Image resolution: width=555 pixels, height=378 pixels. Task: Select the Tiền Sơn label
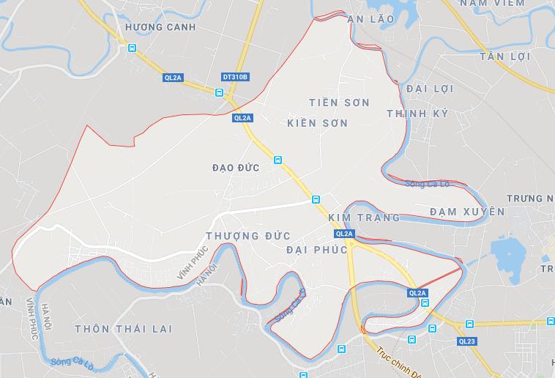tap(339, 102)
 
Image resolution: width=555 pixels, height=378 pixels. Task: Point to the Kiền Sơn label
tap(318, 122)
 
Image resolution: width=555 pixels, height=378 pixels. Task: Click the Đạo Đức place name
tap(235, 168)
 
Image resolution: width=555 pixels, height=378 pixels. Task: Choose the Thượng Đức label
tap(248, 236)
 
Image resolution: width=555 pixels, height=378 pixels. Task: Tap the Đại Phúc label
tap(317, 250)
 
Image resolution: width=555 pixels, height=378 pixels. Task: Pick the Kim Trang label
tap(365, 218)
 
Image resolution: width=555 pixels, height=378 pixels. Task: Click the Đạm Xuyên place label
tap(467, 212)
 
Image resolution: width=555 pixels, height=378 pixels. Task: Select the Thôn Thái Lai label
tap(123, 329)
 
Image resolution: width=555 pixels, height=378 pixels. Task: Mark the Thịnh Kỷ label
tap(417, 114)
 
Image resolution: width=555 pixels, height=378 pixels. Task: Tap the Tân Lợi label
tap(504, 56)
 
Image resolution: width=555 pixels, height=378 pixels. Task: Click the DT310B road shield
tap(235, 76)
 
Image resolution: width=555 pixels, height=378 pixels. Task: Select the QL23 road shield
tap(467, 341)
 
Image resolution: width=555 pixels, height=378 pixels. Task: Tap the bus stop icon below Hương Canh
tap(132, 48)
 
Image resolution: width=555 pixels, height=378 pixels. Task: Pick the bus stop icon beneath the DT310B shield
tap(219, 92)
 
